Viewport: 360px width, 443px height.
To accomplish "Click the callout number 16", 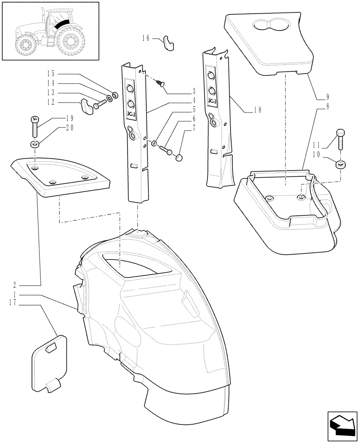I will click(147, 39).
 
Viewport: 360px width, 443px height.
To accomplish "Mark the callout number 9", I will click(327, 97).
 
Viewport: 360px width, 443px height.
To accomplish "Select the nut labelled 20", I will click(35, 144).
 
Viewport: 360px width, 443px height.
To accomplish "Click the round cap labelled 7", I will click(180, 157).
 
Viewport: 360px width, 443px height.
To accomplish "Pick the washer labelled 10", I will click(340, 165).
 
